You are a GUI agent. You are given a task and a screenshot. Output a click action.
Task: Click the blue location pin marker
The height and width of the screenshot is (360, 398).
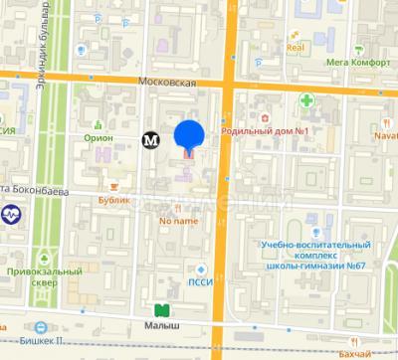pyautogui.click(x=189, y=135)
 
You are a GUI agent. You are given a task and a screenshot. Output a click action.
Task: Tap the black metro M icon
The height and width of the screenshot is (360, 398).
pyautogui.click(x=151, y=140)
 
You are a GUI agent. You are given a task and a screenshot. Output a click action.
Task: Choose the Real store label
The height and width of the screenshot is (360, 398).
pyautogui.click(x=295, y=47)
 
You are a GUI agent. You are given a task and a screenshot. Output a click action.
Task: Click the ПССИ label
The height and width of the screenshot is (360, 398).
pyautogui.click(x=200, y=281)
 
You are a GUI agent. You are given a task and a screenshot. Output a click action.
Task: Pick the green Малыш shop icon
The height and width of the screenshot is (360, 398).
pyautogui.click(x=160, y=309)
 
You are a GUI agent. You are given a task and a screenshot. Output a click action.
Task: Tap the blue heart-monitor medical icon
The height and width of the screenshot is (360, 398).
pyautogui.click(x=11, y=214)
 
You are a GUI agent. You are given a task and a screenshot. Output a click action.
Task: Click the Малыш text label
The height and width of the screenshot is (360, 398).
pyautogui.click(x=160, y=324)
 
